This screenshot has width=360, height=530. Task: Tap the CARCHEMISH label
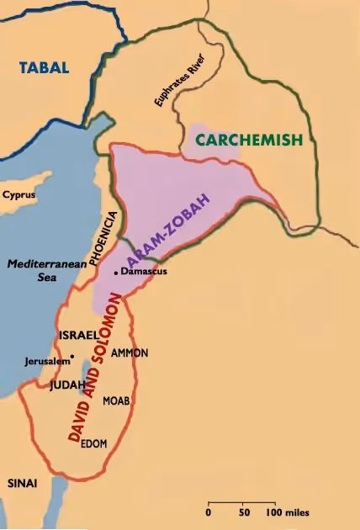(248, 140)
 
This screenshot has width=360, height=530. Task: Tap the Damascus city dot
(115, 273)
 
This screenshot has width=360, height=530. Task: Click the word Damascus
(141, 273)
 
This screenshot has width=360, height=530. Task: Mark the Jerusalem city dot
(73, 356)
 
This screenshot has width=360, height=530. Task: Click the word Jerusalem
(47, 362)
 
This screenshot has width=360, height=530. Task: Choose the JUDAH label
(68, 385)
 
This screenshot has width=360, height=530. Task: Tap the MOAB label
(116, 401)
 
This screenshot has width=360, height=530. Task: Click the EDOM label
(93, 444)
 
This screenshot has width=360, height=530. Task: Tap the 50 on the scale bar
(244, 511)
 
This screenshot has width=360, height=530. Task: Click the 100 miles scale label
(289, 511)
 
